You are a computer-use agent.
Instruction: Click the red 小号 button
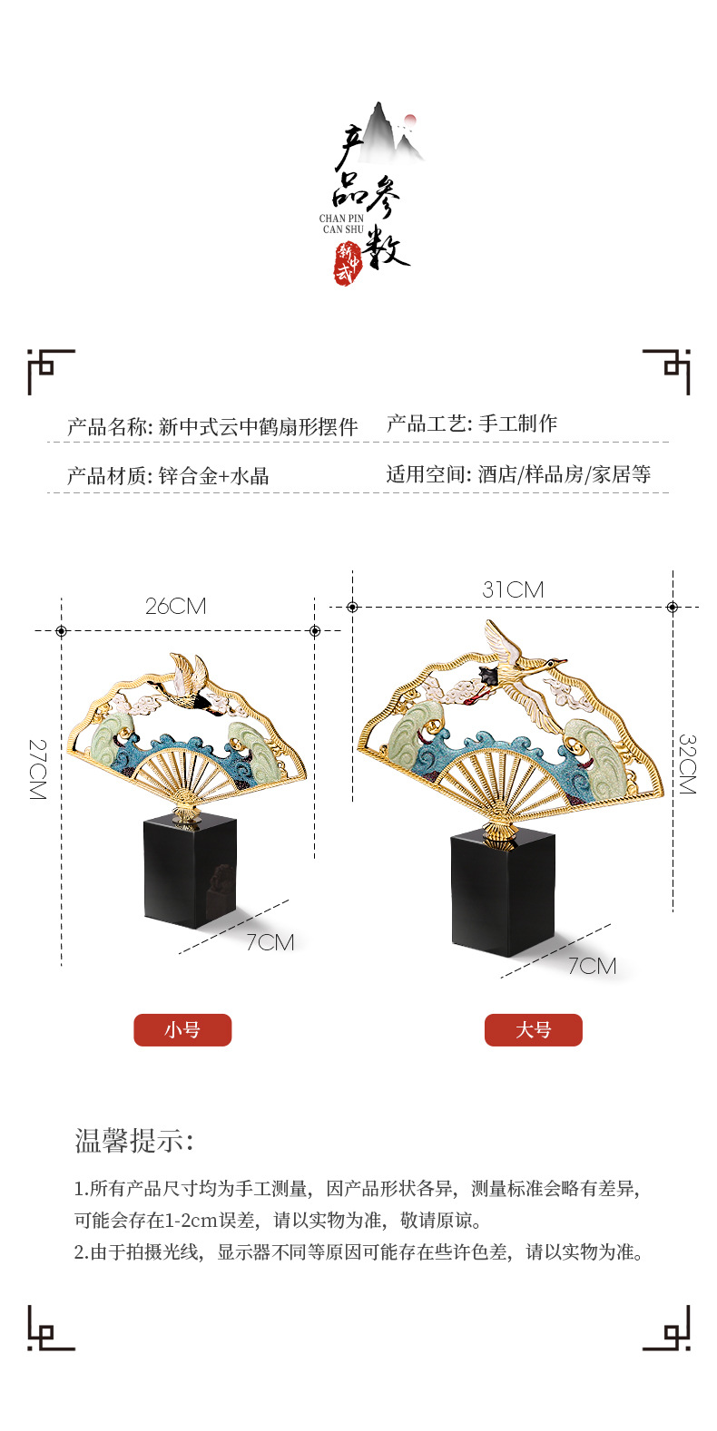[182, 1030]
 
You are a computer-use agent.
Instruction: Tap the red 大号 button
[533, 1030]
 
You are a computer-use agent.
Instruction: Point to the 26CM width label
[176, 607]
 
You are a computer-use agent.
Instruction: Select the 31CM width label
[513, 589]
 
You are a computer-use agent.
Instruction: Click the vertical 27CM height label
[37, 769]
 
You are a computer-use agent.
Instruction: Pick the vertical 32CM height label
[687, 764]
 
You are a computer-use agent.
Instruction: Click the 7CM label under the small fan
[270, 942]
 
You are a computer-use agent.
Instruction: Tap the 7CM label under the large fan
[592, 966]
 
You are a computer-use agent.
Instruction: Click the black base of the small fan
[191, 871]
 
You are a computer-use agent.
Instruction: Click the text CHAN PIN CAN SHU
[341, 224]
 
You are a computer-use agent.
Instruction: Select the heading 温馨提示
[134, 1141]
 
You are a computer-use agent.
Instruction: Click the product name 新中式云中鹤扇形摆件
[259, 427]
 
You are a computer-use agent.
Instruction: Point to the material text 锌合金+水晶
[213, 476]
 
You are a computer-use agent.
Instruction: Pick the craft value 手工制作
[518, 423]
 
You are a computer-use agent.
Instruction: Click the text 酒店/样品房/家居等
[565, 474]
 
